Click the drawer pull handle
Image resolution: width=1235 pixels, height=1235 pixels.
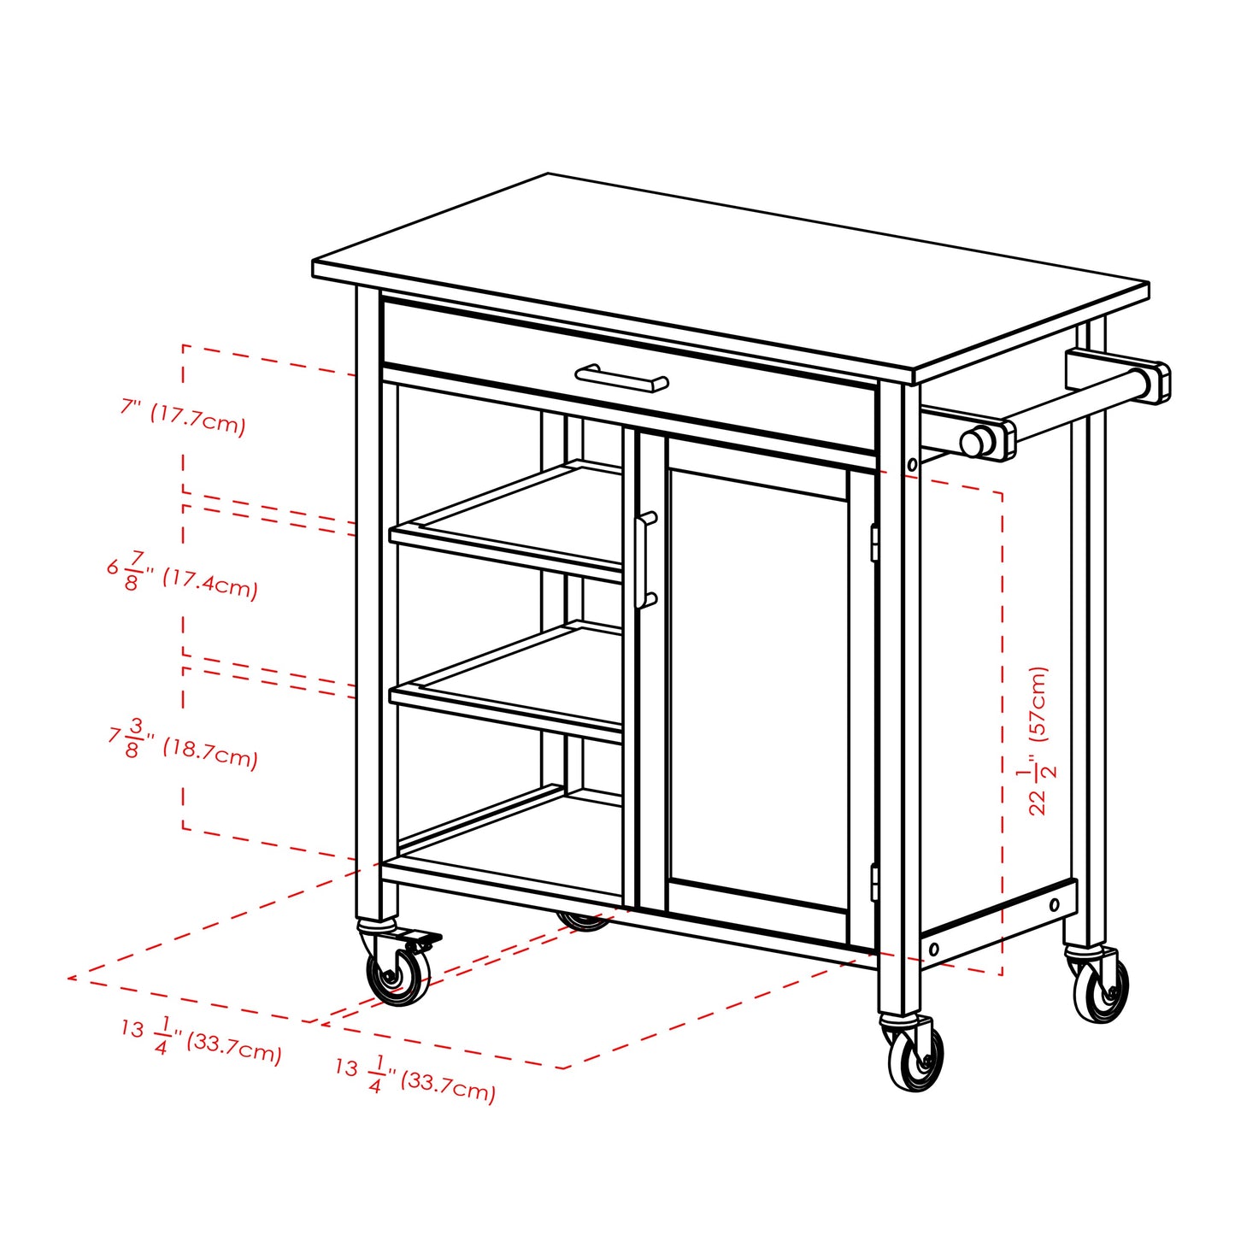tap(621, 377)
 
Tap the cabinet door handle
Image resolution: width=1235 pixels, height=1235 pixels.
tap(646, 560)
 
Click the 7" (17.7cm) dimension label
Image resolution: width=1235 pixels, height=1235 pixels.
tap(183, 418)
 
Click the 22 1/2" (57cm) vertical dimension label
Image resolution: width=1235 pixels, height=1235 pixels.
tap(1037, 740)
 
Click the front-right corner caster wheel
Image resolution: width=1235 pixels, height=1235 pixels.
tap(915, 1058)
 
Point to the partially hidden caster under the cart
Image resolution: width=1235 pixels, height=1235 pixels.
tap(583, 920)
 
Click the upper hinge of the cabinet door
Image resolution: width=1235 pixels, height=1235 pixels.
tap(874, 543)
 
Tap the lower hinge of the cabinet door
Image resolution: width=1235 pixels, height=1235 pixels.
tap(874, 882)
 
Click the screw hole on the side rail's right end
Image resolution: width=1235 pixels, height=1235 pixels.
tap(1054, 905)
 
